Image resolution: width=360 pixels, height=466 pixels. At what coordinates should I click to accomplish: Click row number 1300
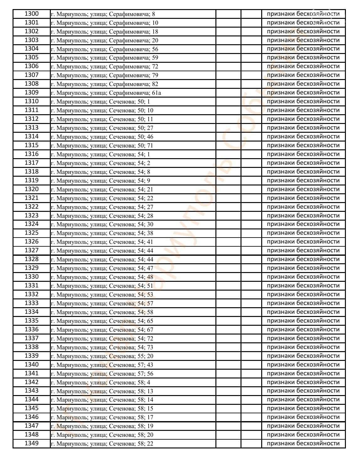click(32, 14)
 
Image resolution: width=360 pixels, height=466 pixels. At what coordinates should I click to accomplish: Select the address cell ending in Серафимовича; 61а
click(106, 93)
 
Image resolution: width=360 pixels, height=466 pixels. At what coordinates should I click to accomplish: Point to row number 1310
click(32, 101)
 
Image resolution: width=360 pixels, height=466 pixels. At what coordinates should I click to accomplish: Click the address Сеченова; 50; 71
click(102, 146)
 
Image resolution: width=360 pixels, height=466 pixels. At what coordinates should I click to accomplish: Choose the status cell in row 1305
click(303, 57)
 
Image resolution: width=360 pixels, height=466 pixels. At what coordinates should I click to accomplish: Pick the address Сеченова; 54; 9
click(100, 181)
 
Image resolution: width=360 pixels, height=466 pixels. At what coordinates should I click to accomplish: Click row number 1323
click(32, 216)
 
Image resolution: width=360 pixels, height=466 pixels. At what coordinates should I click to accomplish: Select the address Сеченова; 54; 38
click(102, 233)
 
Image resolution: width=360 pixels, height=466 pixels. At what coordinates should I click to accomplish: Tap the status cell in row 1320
click(303, 189)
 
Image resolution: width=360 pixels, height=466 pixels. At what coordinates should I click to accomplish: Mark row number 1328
click(32, 259)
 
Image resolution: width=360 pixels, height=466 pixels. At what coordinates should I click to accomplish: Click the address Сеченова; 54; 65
click(102, 321)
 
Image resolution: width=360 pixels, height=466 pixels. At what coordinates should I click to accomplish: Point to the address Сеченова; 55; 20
click(102, 356)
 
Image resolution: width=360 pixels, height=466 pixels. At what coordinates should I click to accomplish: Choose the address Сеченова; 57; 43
click(102, 365)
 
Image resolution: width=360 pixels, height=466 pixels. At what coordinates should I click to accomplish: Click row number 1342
click(32, 382)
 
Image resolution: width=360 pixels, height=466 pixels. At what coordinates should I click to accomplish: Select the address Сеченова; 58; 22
click(102, 444)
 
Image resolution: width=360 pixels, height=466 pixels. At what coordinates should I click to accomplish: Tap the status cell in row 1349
click(303, 443)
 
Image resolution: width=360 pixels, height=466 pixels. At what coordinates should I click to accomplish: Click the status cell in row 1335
click(303, 321)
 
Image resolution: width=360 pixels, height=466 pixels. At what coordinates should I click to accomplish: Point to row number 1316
click(32, 154)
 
